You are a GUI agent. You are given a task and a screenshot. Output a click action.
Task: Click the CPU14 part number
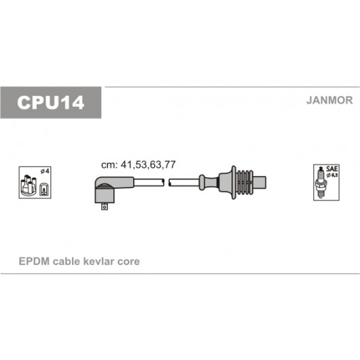coord(51,103)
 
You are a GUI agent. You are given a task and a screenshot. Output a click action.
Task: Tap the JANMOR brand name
coord(329,101)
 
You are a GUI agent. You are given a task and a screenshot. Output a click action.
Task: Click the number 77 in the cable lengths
coord(170,164)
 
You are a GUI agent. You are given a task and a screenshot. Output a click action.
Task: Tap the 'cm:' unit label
coord(109,165)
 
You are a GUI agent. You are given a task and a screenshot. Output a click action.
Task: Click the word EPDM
coord(34,262)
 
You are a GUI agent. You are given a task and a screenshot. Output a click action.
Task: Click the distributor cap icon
coord(29,185)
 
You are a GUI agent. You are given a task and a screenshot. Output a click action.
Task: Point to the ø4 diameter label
coord(45,171)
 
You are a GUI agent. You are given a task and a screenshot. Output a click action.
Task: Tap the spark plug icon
coord(321,183)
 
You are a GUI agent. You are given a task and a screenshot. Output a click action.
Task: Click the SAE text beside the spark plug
coord(332,169)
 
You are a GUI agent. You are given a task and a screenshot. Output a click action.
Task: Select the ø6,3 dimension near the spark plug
coord(332,175)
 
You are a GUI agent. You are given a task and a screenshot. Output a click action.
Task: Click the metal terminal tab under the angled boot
coord(105,206)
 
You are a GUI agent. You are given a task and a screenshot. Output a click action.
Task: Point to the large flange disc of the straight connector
coord(234,182)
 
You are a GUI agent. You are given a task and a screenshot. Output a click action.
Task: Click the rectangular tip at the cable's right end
coord(259,182)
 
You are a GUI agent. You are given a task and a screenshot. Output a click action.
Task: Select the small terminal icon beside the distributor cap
coord(44,190)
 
